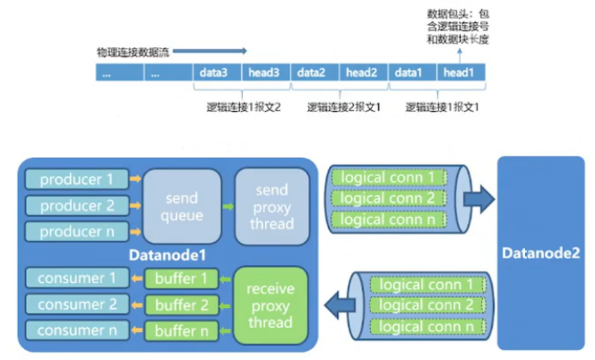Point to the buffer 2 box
(183, 304)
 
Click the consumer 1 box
(76, 279)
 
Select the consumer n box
(76, 330)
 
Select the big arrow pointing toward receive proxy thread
(339, 304)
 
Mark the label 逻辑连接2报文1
(342, 106)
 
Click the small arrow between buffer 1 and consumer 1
(135, 279)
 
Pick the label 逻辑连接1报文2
(244, 106)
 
